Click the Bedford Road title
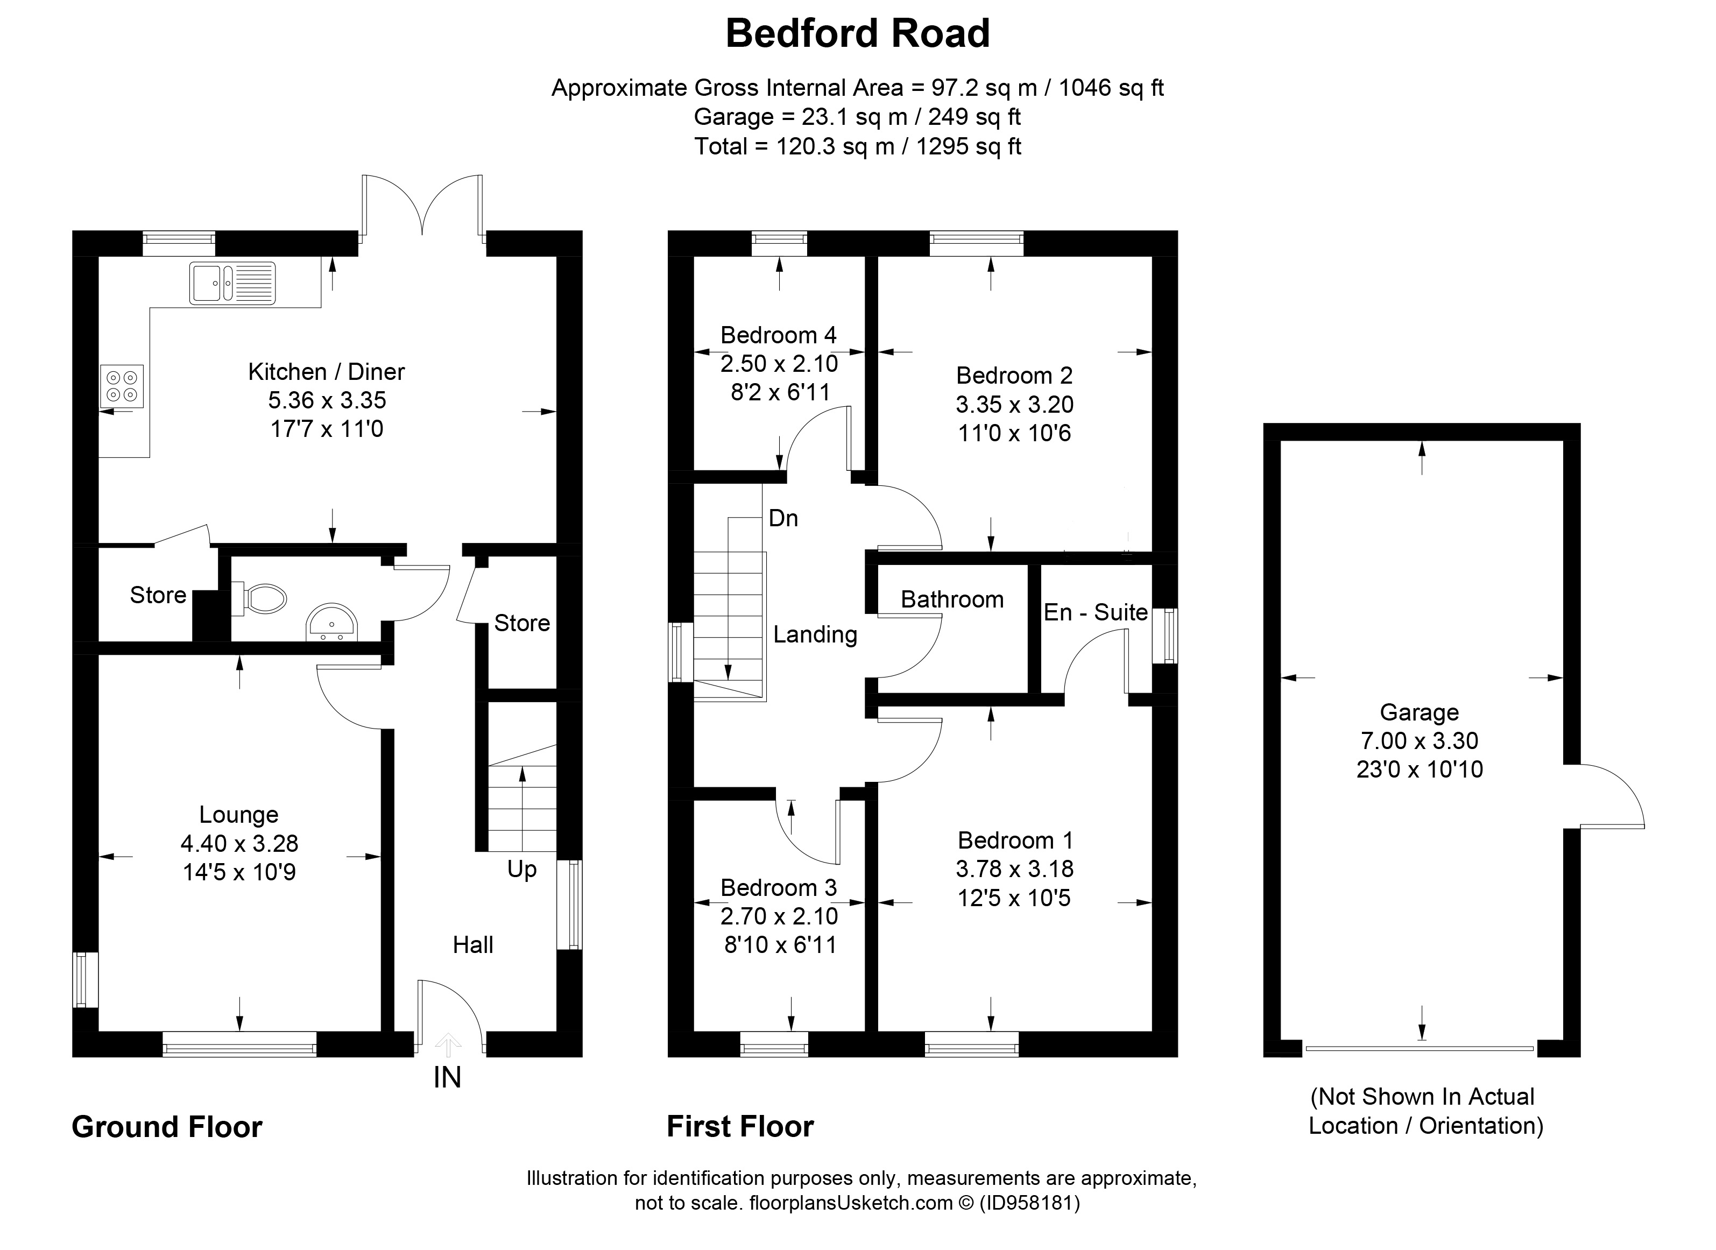[x=857, y=34]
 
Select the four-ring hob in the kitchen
[x=121, y=386]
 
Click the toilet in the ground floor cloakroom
[x=261, y=598]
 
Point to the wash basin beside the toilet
[x=333, y=623]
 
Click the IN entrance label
[x=447, y=1077]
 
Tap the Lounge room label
[x=238, y=815]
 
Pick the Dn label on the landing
[x=783, y=518]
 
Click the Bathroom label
[x=952, y=599]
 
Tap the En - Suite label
[x=1095, y=612]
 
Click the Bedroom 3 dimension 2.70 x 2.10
[x=779, y=916]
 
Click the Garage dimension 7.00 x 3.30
[x=1420, y=741]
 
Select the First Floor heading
[x=740, y=1127]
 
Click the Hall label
[x=473, y=945]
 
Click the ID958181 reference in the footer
[x=1030, y=1203]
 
